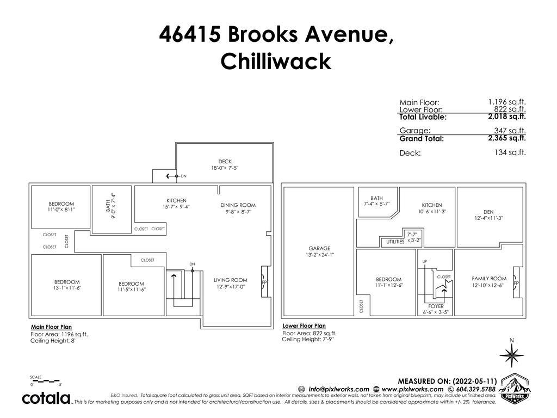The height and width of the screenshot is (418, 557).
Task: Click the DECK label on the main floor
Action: [x=225, y=161]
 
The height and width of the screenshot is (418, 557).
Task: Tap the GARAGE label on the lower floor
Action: [x=319, y=248]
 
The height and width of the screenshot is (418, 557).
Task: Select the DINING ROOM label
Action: [x=238, y=205]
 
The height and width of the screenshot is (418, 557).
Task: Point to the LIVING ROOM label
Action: [x=230, y=280]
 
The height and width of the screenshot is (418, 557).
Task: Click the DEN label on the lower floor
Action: [x=488, y=212]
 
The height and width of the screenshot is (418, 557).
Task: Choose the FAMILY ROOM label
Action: [x=489, y=279]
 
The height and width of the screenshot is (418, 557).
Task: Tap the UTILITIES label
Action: [x=395, y=242]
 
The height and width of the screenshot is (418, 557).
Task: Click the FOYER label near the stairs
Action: [x=436, y=306]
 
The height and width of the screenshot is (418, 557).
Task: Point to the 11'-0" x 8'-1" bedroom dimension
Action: [x=61, y=210]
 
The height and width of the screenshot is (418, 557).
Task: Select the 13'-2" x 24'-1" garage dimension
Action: [x=320, y=255]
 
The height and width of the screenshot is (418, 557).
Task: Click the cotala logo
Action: [x=47, y=398]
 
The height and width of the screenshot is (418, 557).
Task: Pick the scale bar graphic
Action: [x=46, y=382]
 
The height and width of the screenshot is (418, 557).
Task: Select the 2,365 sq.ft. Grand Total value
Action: [x=507, y=138]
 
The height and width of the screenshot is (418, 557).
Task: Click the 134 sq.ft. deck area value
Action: [x=510, y=152]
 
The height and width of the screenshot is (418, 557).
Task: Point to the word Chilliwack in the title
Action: [x=276, y=61]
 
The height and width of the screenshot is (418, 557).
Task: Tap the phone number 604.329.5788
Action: [x=476, y=389]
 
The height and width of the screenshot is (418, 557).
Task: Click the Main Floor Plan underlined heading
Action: [x=52, y=327]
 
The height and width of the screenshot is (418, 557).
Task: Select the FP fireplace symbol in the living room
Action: [x=265, y=281]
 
